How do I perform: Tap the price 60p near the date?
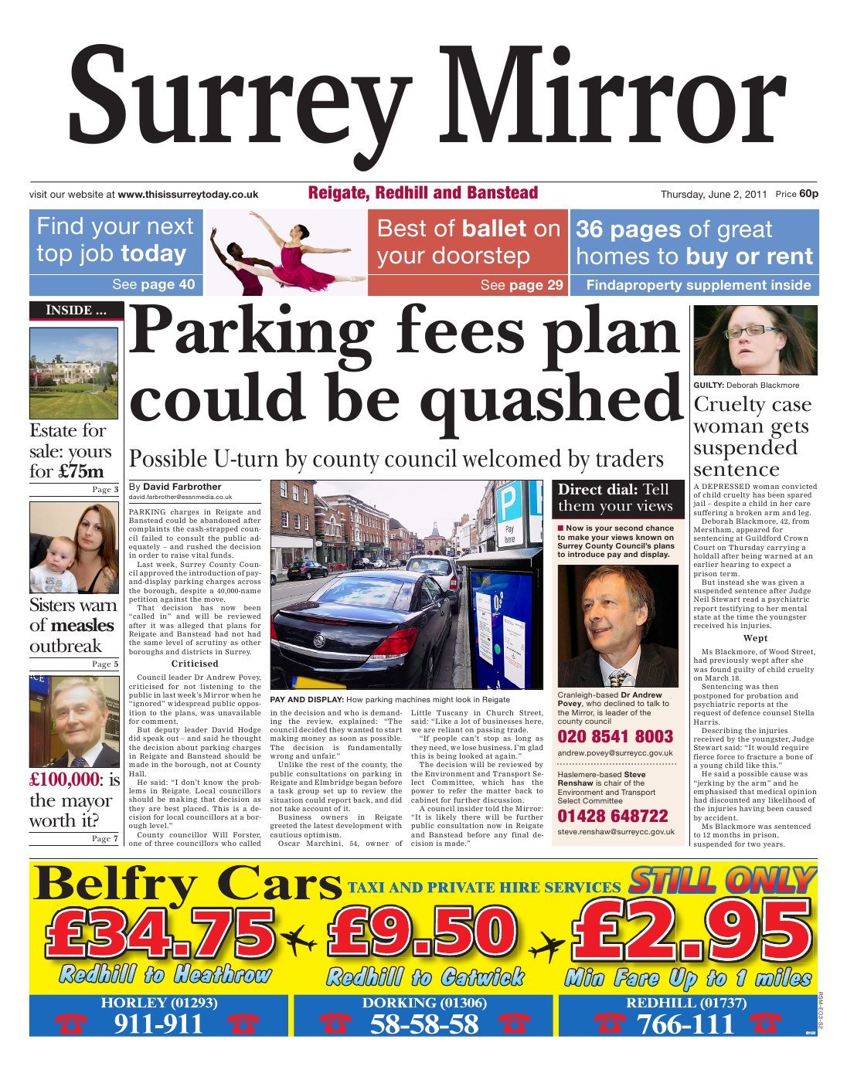(808, 194)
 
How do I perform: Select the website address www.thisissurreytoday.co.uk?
(188, 195)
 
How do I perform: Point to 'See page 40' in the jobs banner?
(153, 284)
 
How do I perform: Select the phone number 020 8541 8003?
(615, 736)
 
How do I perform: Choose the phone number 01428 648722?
(613, 816)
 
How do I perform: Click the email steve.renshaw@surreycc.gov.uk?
(616, 832)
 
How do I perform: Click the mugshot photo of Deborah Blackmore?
(755, 340)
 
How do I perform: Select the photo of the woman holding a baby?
(74, 548)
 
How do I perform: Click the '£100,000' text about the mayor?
(65, 779)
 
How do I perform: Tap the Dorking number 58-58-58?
(423, 1024)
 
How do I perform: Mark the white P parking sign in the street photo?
(509, 504)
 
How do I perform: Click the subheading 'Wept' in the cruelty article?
(755, 638)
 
